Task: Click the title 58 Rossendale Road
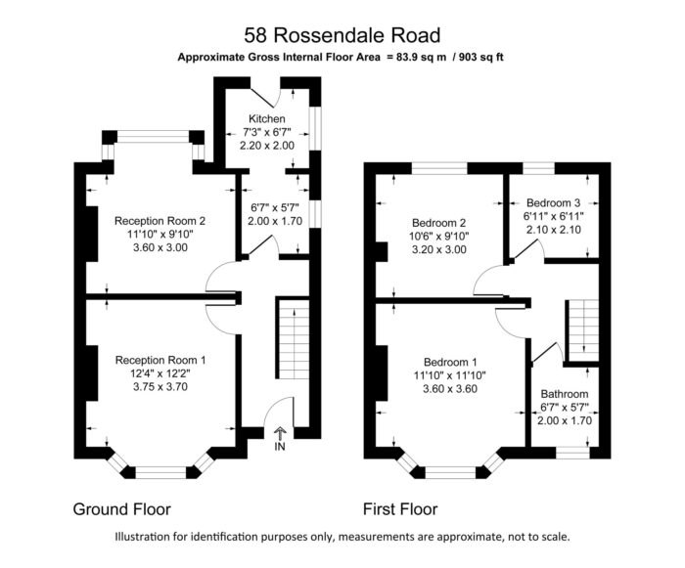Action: coord(342,35)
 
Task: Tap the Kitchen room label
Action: coord(267,118)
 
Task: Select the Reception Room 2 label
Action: coord(160,221)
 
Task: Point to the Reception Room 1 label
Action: coord(160,360)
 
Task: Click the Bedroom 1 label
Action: coord(450,362)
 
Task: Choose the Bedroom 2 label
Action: coord(439,223)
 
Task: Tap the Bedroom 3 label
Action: coord(554,203)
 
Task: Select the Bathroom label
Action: coord(565,394)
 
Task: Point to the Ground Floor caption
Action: coord(122,509)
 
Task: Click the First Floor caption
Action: coord(400,509)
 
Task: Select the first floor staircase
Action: coord(583,328)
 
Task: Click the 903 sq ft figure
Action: coord(479,58)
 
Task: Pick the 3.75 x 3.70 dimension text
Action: coord(160,386)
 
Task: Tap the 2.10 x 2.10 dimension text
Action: coord(554,229)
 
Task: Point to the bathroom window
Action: coord(572,453)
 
